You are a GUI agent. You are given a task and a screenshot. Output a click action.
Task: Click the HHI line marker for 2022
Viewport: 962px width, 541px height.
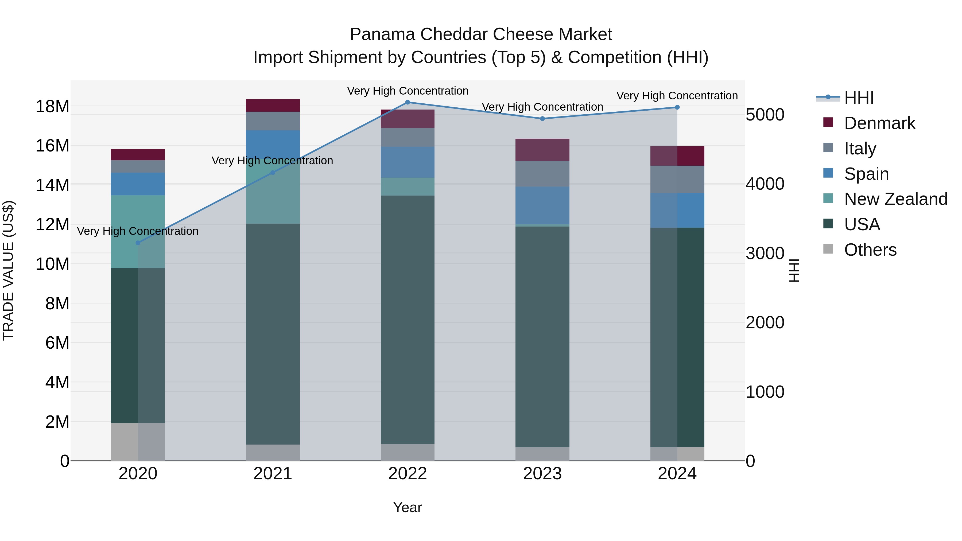408,102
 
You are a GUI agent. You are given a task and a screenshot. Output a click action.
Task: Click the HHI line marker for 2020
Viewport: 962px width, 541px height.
138,243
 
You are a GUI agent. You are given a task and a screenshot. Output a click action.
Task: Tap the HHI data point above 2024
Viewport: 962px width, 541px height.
677,107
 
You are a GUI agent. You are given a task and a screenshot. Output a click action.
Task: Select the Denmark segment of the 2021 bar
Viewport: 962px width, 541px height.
273,106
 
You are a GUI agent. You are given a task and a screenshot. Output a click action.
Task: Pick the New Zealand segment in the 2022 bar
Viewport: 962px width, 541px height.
408,187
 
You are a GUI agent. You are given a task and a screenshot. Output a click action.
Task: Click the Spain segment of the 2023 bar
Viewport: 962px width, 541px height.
542,205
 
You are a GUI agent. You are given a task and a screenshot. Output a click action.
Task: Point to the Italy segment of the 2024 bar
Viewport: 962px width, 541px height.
677,179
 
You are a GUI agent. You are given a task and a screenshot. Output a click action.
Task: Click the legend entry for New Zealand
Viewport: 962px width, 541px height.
895,199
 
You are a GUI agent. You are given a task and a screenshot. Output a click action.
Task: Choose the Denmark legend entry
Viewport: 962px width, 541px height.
879,123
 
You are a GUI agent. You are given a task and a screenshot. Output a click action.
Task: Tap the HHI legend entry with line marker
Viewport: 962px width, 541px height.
846,98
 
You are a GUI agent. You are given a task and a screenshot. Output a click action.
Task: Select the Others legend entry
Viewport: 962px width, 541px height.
870,250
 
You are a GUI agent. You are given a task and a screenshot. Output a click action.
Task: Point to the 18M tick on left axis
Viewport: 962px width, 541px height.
52,107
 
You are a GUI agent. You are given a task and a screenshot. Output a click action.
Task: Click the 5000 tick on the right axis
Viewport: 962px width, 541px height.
765,115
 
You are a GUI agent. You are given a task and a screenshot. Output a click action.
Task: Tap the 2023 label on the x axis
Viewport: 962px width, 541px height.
542,474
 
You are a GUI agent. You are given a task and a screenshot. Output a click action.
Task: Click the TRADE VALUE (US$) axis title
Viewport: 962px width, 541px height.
8,270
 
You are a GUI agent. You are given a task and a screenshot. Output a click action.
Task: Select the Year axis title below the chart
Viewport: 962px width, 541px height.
408,507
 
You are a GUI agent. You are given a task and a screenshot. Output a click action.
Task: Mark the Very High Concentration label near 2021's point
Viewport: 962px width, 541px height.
272,161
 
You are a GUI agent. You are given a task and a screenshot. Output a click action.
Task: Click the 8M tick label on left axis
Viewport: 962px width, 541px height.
57,303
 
